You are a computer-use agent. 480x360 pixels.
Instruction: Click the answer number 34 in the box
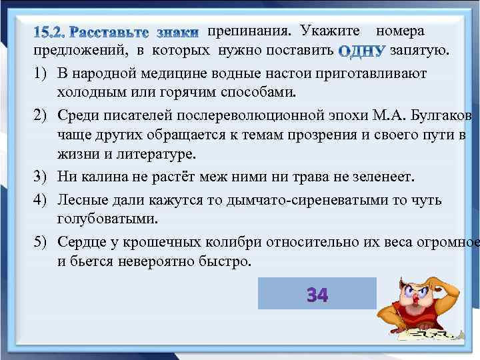317,294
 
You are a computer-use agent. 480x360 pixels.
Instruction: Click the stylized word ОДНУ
362,51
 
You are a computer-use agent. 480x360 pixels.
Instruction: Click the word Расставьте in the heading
112,31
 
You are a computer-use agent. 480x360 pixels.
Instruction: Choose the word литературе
161,155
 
